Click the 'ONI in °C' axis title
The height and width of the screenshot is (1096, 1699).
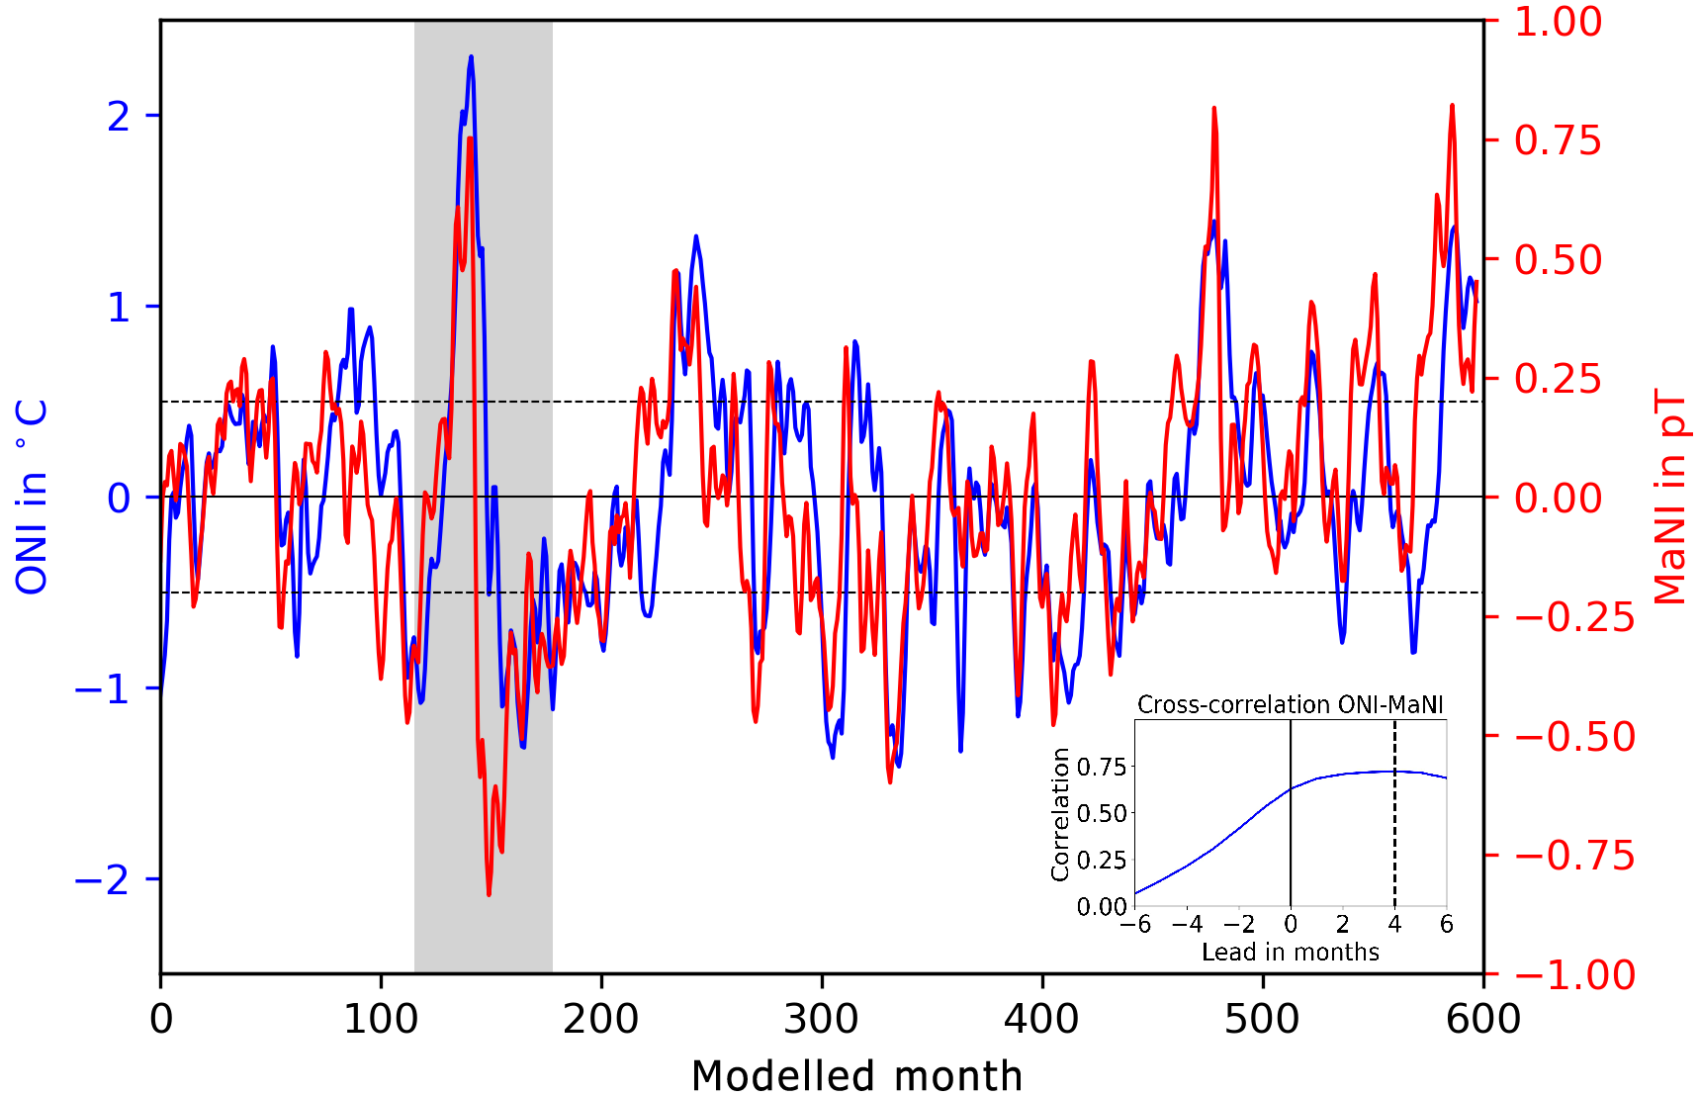(33, 497)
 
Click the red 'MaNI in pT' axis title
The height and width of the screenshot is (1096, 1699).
(1670, 497)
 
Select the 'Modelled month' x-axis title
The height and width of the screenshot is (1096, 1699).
(856, 1075)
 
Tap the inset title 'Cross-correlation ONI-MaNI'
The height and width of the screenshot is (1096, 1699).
(1290, 704)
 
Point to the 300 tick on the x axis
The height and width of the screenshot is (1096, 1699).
(821, 1018)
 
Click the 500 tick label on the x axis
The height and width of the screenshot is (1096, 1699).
(1262, 1018)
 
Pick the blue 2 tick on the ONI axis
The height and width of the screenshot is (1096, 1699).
(119, 117)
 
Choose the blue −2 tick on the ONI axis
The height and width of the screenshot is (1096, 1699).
(103, 879)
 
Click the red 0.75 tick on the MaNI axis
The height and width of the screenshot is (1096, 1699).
(1557, 140)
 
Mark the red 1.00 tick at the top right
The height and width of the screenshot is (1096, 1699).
(1557, 22)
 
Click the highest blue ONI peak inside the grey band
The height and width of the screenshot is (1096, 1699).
(471, 57)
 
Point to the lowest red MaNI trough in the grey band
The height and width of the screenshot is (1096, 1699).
(489, 894)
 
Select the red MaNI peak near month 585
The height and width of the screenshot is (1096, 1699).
(1452, 105)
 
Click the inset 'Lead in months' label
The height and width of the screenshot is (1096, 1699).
(1290, 952)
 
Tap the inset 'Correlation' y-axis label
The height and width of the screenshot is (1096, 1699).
(1060, 813)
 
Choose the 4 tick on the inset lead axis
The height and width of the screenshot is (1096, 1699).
(1394, 924)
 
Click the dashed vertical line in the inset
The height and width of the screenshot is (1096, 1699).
(1394, 811)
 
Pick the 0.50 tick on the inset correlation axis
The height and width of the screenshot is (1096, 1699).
(1101, 813)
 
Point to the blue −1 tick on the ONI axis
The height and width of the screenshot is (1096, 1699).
(103, 688)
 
